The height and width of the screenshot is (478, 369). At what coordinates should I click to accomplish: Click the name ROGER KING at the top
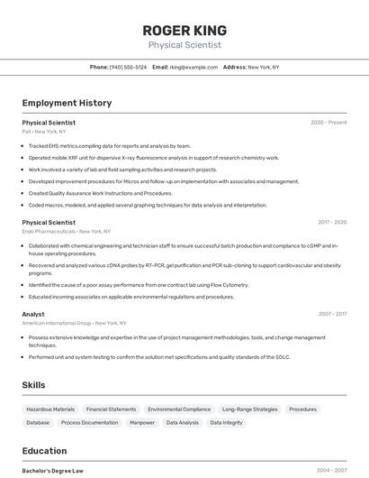pyautogui.click(x=184, y=30)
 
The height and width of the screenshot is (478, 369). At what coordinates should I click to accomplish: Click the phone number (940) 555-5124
pyautogui.click(x=128, y=67)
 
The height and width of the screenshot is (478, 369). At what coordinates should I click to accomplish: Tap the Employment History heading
pyautogui.click(x=67, y=103)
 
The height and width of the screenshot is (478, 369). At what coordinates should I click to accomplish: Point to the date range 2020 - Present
pyautogui.click(x=328, y=123)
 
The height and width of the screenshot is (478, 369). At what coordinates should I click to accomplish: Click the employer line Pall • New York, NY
pyautogui.click(x=44, y=132)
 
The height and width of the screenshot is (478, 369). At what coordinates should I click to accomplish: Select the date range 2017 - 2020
pyautogui.click(x=331, y=222)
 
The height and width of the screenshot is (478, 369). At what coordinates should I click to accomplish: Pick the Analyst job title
pyautogui.click(x=33, y=314)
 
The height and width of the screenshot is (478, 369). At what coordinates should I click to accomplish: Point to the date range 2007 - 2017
pyautogui.click(x=331, y=314)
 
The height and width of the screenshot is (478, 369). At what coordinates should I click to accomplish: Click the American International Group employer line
pyautogui.click(x=74, y=323)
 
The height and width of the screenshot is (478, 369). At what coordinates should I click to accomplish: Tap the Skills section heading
pyautogui.click(x=33, y=385)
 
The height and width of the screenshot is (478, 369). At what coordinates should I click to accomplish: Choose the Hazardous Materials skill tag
pyautogui.click(x=50, y=409)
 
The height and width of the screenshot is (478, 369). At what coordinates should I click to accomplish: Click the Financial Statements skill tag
pyautogui.click(x=111, y=409)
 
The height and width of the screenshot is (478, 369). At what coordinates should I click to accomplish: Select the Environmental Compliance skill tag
pyautogui.click(x=179, y=409)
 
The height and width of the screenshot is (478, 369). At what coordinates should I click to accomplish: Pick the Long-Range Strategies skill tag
pyautogui.click(x=249, y=409)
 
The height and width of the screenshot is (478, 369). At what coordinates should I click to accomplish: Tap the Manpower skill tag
pyautogui.click(x=142, y=422)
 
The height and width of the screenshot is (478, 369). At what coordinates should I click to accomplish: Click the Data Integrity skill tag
pyautogui.click(x=226, y=422)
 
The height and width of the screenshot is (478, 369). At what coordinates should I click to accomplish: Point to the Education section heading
pyautogui.click(x=44, y=451)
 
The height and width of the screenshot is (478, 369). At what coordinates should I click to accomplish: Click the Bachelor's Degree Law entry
pyautogui.click(x=52, y=471)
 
